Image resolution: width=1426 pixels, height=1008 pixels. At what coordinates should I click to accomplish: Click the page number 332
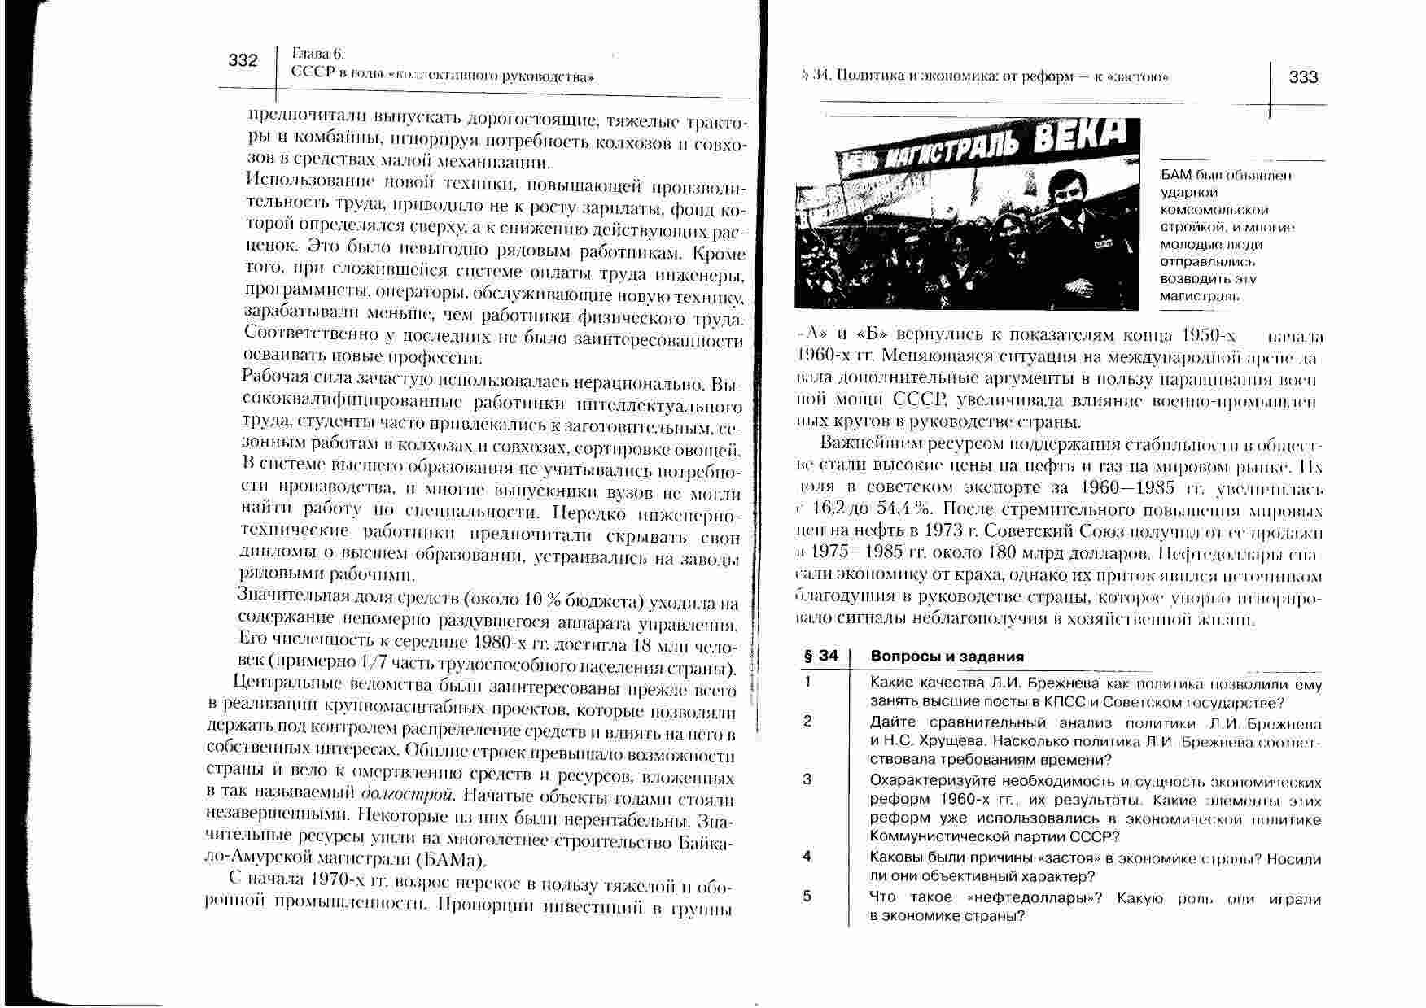[x=243, y=60]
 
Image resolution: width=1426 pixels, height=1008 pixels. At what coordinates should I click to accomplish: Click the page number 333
[x=1304, y=77]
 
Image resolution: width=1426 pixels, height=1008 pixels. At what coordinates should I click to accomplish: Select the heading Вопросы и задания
[x=947, y=657]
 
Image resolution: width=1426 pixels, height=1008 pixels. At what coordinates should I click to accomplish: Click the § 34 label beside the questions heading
[x=820, y=657]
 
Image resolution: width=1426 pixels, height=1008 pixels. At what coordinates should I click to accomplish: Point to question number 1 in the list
[x=807, y=683]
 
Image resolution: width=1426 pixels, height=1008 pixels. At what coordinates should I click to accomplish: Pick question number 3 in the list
[x=807, y=779]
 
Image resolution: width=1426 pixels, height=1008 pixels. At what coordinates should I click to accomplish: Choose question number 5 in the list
[x=807, y=897]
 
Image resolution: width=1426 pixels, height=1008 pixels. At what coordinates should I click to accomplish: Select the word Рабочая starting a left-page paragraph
[x=268, y=377]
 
